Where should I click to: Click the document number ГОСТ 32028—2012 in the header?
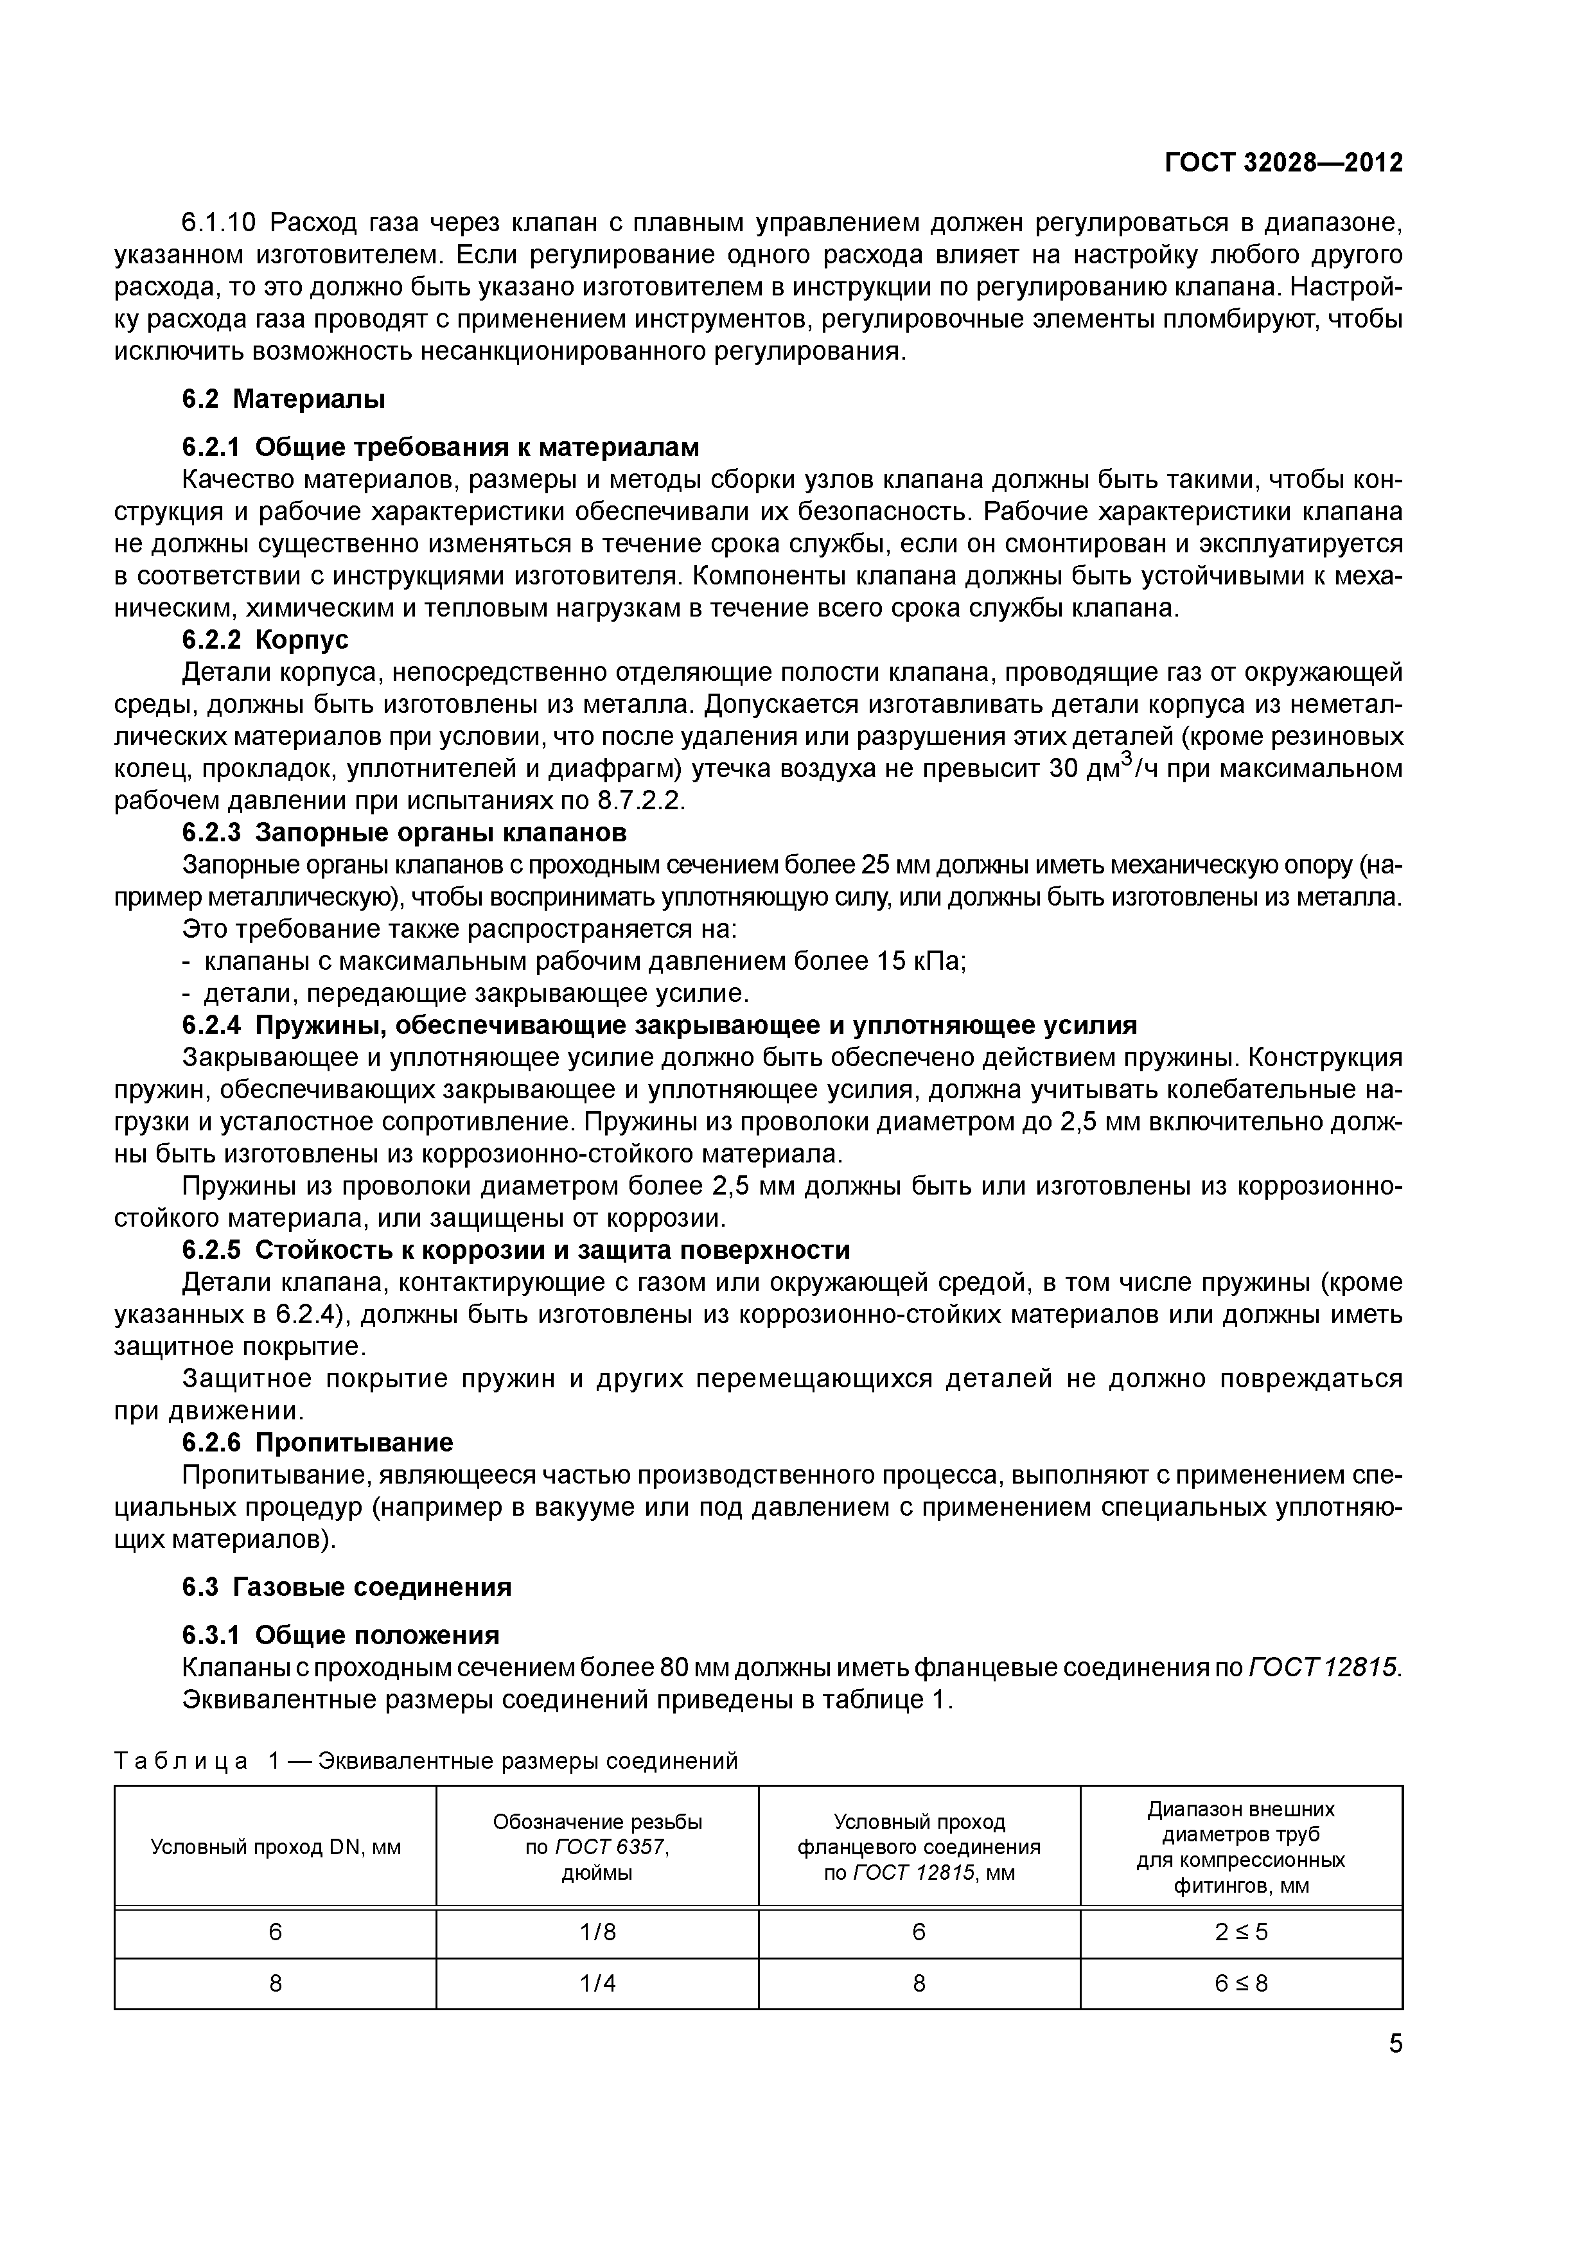point(1283,163)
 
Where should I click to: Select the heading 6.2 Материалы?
point(284,399)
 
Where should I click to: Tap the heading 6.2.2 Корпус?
point(265,640)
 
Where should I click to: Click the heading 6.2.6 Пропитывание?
point(318,1442)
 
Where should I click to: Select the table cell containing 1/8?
point(597,1932)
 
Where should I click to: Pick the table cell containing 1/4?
point(597,1983)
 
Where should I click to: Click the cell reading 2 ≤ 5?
point(1240,1932)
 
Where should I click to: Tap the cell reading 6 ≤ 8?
point(1240,1983)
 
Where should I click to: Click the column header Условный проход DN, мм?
point(275,1848)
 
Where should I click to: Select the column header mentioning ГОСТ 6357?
point(597,1848)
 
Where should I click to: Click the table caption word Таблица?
point(182,1762)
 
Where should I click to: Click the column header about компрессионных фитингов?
point(1240,1848)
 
